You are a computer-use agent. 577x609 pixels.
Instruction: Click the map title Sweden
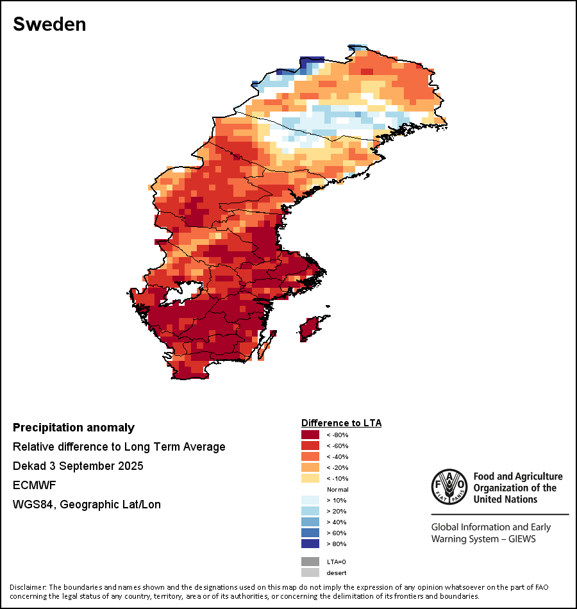pos(49,24)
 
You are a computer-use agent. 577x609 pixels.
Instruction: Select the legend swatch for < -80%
pos(310,435)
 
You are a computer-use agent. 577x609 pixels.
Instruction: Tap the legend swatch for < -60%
pos(310,446)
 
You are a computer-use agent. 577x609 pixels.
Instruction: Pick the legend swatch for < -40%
pos(310,457)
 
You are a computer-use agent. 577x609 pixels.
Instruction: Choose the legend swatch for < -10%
pos(310,479)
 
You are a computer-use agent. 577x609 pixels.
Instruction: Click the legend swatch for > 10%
pos(310,501)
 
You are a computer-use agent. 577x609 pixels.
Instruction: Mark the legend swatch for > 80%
pos(310,544)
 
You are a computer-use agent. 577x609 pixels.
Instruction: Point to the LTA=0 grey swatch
pos(310,562)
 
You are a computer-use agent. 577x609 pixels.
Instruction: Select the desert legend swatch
pos(310,572)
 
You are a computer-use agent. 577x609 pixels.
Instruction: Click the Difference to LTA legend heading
pos(341,423)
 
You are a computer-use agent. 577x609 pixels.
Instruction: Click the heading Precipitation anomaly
pos(74,428)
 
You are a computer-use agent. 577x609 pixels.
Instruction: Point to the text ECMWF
pos(35,485)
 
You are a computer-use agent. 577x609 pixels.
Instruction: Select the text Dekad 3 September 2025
pos(78,466)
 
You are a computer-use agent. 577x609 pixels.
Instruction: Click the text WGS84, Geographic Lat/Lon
pos(87,505)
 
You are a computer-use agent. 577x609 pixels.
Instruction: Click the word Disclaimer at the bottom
pos(28,587)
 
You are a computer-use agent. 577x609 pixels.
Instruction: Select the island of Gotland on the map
pos(310,327)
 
